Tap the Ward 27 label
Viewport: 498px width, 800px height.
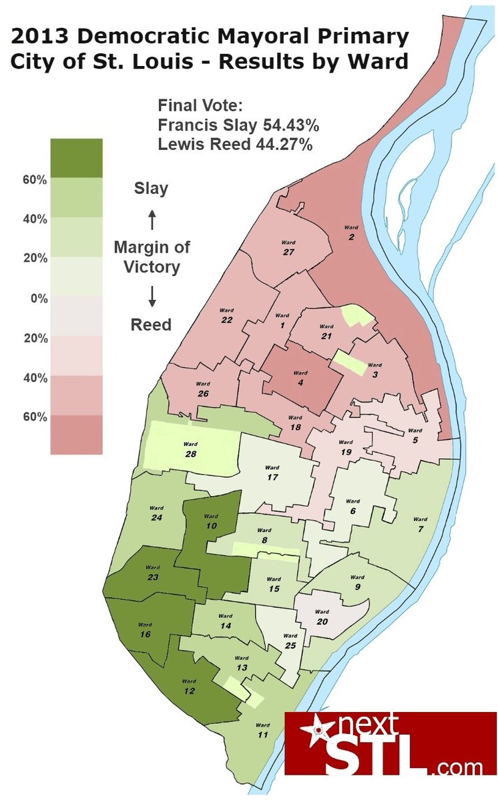(288, 248)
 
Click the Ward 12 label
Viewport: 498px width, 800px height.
(189, 687)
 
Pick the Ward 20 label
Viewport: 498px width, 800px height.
(322, 617)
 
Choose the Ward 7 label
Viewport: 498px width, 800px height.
(420, 524)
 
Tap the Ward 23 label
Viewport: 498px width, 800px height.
(153, 573)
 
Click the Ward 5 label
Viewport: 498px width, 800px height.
(415, 435)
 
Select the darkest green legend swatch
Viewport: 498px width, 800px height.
(77, 158)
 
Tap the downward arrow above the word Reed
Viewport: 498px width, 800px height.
(152, 297)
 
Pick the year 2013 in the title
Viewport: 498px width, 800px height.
(41, 35)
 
